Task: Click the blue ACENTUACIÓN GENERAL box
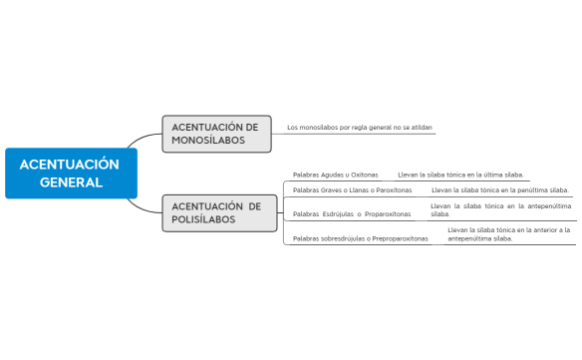(70, 173)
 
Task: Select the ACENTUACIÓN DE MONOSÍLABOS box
(216, 134)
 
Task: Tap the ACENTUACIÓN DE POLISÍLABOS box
(216, 212)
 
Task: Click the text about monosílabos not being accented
(359, 128)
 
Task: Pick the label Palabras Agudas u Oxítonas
(335, 175)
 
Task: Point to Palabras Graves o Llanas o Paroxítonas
(352, 189)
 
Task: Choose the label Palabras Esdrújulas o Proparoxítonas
(351, 213)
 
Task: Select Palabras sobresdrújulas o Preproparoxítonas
(360, 238)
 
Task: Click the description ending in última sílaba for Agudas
(459, 175)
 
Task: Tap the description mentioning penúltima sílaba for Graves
(499, 189)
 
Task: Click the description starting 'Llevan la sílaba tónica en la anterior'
(508, 234)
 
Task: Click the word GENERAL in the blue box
(71, 182)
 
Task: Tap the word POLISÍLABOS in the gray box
(203, 219)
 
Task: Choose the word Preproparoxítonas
(400, 238)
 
